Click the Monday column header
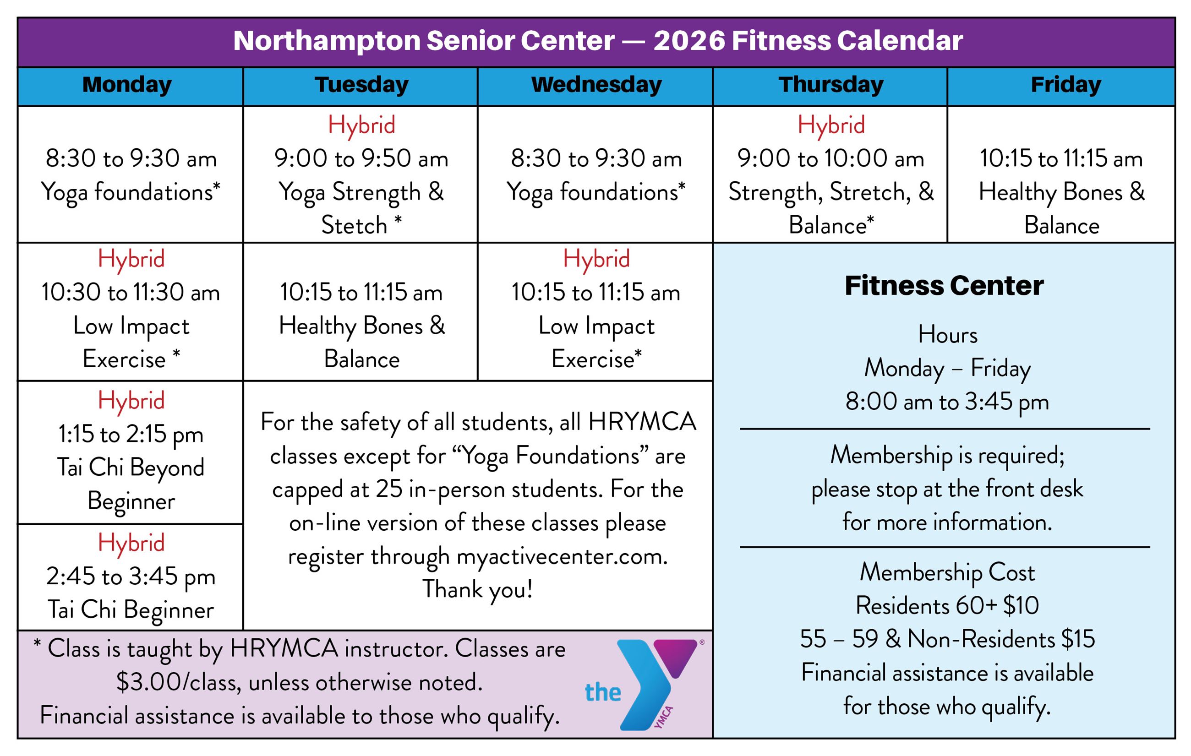coord(127,85)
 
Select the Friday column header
coord(1065,85)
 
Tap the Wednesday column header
coord(596,85)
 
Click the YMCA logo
coord(648,685)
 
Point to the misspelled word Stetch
coord(354,225)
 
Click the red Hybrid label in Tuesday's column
coord(361,125)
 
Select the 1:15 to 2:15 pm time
coord(131,435)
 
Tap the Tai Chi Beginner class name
coord(131,609)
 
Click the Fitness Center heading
coord(944,286)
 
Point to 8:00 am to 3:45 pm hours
coord(947,402)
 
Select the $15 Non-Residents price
coord(1078,639)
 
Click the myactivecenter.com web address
coord(562,557)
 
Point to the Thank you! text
coord(477,589)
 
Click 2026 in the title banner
coord(688,41)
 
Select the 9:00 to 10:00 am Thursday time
coord(830,159)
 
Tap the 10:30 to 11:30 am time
coord(131,292)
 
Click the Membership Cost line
coord(947,572)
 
